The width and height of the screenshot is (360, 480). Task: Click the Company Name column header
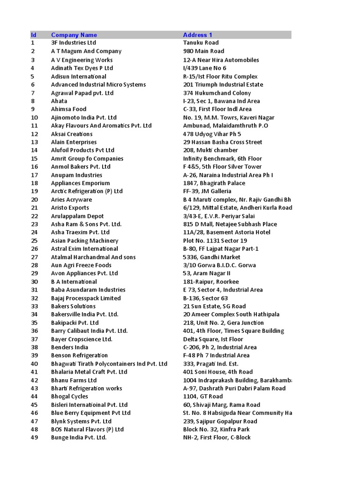tap(74, 35)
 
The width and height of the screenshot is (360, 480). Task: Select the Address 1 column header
tap(197, 35)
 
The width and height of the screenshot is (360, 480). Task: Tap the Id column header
tap(33, 35)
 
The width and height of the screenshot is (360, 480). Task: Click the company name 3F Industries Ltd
tap(74, 43)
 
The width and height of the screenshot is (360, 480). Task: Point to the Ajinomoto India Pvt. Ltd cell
tap(84, 118)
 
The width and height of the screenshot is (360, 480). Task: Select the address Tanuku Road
tap(201, 43)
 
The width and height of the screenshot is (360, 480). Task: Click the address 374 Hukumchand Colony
tap(217, 93)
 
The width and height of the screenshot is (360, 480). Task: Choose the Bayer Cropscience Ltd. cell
tap(82, 339)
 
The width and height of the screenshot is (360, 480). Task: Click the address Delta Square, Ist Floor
tap(213, 339)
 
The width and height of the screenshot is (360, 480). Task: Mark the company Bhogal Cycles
tap(69, 397)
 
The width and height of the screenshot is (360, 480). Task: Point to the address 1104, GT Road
tap(202, 397)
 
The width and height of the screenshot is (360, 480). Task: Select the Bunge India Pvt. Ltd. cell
tap(79, 438)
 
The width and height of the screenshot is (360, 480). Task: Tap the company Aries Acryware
tap(71, 200)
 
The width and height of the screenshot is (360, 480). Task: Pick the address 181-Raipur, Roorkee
tap(210, 282)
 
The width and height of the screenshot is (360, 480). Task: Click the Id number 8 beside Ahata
tap(33, 101)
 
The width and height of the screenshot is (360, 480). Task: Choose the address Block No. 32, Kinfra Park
tap(216, 429)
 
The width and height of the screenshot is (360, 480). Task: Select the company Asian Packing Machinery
tap(84, 241)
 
